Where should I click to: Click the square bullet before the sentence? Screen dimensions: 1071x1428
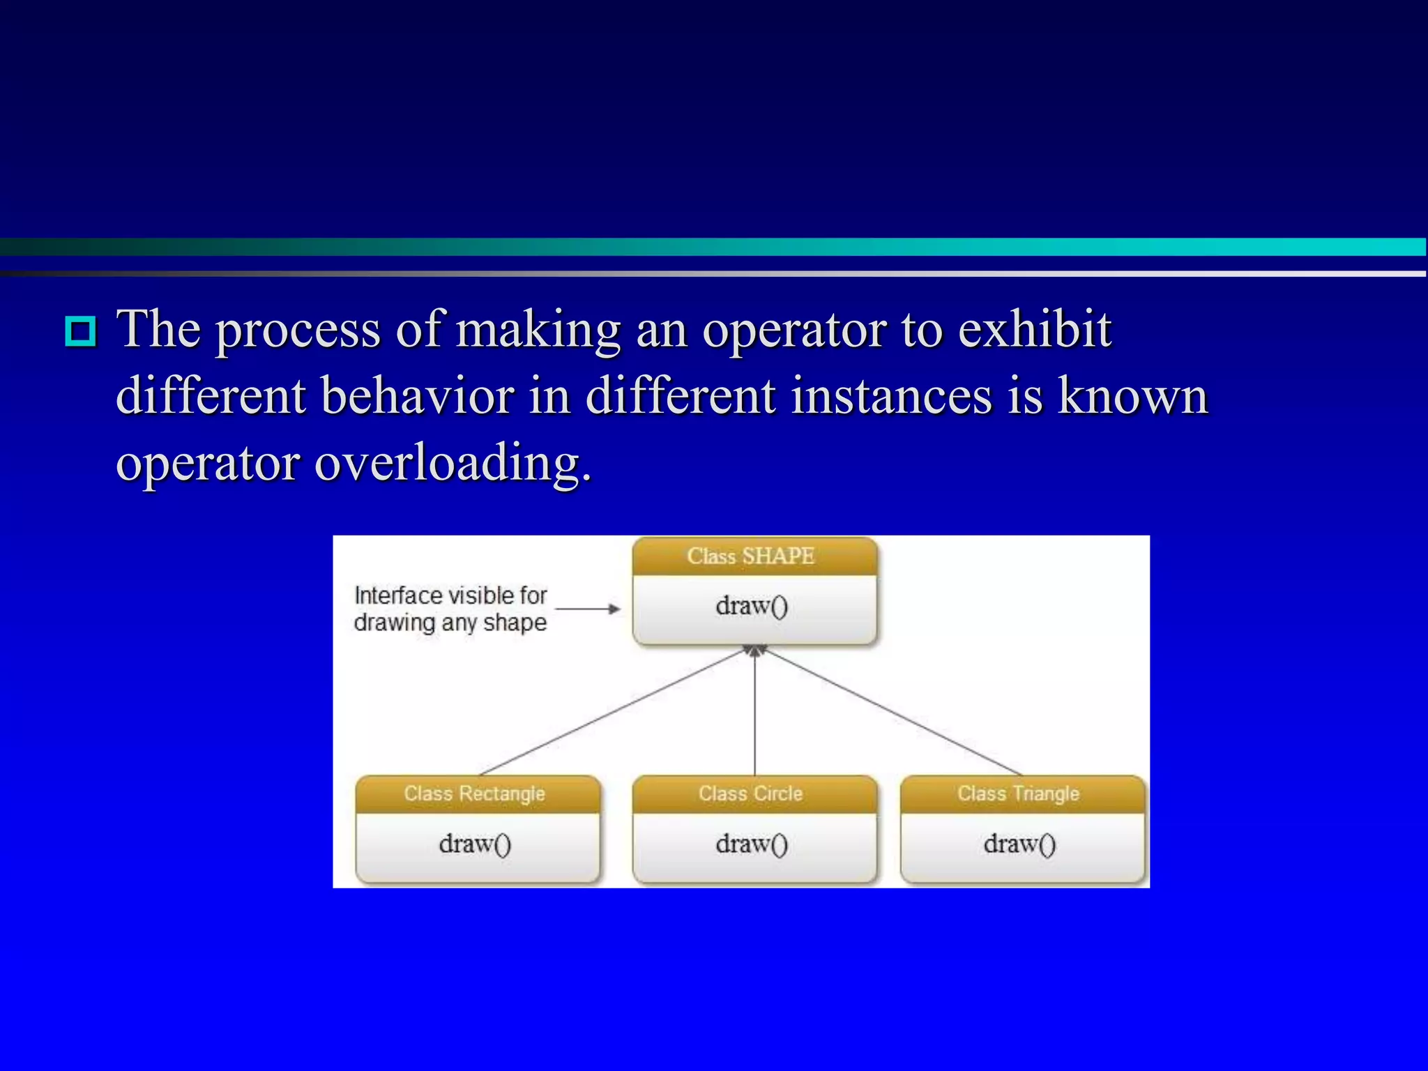(x=81, y=331)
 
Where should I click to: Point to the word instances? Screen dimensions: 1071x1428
(x=891, y=395)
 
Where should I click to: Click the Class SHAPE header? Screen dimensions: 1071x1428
(x=751, y=556)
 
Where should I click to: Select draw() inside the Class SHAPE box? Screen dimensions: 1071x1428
(x=752, y=606)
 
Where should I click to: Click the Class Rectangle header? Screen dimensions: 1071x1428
(x=475, y=793)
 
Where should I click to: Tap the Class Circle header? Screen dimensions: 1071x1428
(x=751, y=793)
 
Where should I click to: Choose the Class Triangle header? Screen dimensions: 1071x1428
(x=1019, y=793)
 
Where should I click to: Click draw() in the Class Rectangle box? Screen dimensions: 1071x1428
(x=475, y=844)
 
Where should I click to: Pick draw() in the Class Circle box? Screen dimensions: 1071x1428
(x=752, y=844)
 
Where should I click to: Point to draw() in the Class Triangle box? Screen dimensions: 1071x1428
(x=1019, y=844)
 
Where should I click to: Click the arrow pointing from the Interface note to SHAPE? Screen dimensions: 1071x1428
(x=587, y=609)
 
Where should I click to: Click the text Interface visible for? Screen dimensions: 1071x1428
(x=450, y=595)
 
